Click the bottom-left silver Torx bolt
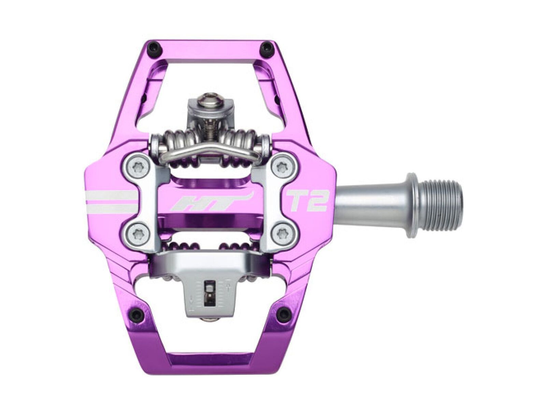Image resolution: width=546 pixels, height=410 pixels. click(139, 234)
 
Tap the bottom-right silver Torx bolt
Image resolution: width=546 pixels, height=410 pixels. click(283, 234)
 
